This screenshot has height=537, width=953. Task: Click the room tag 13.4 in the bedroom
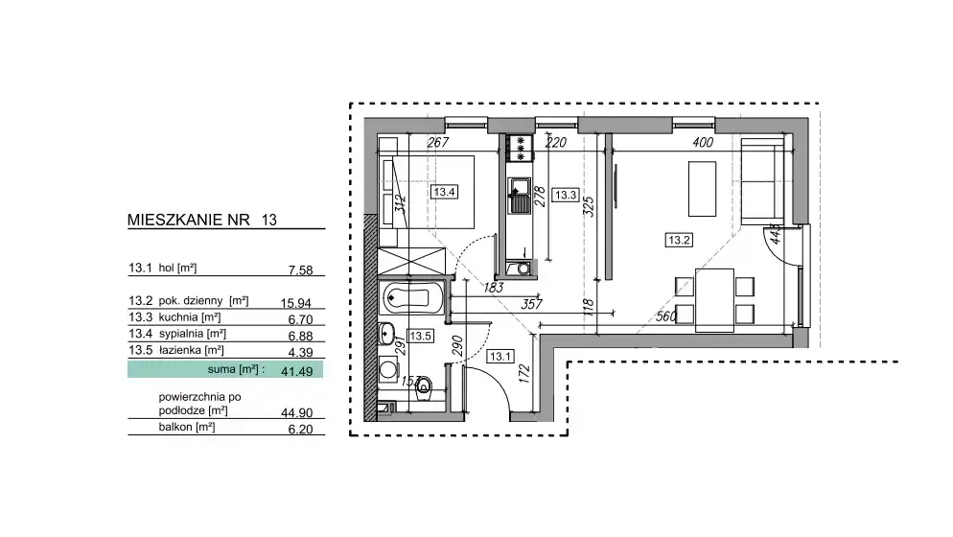pos(444,192)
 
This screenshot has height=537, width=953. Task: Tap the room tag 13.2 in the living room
pos(679,241)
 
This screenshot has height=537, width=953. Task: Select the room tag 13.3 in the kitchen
pos(566,196)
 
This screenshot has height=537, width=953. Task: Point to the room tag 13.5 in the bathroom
pos(421,336)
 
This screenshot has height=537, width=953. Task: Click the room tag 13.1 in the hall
pos(500,357)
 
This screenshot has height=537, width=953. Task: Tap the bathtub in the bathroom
pos(411,298)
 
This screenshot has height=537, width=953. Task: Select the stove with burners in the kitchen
pos(520,148)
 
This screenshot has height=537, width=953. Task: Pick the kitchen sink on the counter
pos(520,196)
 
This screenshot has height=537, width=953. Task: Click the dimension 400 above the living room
pos(703,142)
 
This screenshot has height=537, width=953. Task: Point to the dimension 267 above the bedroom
pos(437,142)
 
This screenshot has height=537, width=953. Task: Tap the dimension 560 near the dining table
pos(666,316)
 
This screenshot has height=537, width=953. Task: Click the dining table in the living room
pos(714,300)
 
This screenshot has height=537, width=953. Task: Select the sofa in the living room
pos(762,181)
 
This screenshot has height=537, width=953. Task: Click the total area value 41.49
pos(296,371)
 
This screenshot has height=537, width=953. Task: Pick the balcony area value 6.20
pos(300,429)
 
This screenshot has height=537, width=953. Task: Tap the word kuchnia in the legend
pos(178,316)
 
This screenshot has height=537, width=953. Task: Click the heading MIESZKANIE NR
pos(189,220)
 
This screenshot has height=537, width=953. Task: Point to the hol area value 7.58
pos(301,270)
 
